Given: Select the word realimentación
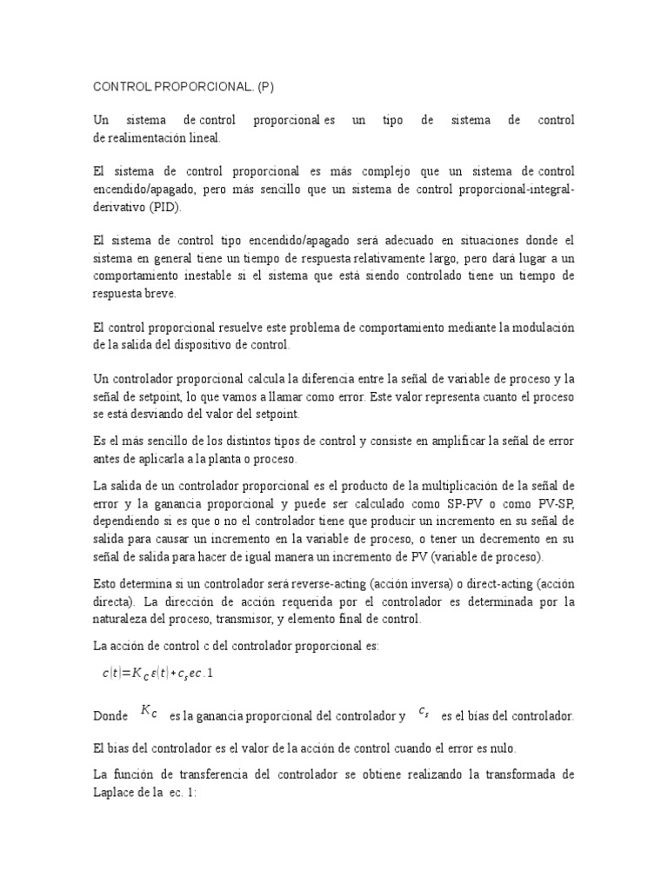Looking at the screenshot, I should [149, 137].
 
